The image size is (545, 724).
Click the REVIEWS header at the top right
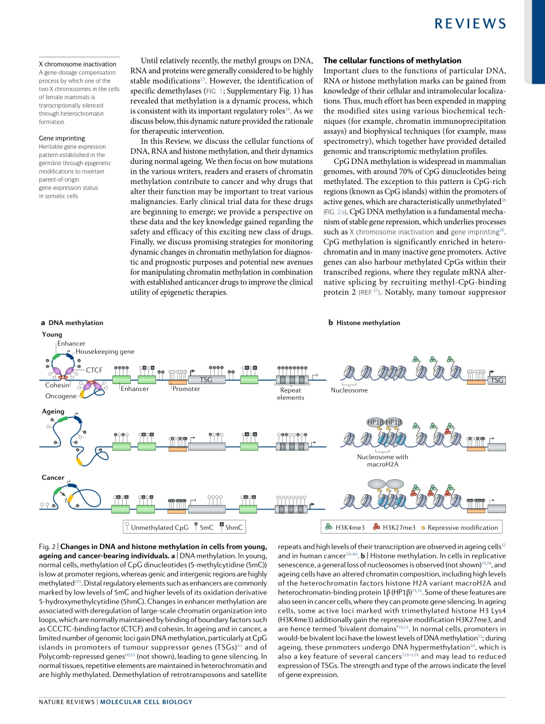[x=470, y=23]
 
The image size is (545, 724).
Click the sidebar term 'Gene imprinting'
[x=62, y=138]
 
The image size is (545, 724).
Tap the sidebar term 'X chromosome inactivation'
[x=77, y=64]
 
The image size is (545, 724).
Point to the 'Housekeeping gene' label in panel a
[x=105, y=351]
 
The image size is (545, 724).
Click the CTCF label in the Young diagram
[x=94, y=370]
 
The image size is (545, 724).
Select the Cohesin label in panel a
[x=57, y=385]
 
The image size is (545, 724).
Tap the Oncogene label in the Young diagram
[x=60, y=396]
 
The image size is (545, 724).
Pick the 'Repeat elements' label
[x=290, y=394]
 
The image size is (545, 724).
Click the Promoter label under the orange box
[x=186, y=389]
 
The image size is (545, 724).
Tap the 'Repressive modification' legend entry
[x=462, y=527]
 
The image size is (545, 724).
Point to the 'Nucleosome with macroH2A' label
[x=383, y=460]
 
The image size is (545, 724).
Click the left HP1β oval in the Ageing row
[x=375, y=422]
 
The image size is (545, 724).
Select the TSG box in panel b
[x=497, y=380]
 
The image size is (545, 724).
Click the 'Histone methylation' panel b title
[x=368, y=323]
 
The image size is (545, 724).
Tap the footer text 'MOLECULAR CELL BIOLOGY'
[x=146, y=702]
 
